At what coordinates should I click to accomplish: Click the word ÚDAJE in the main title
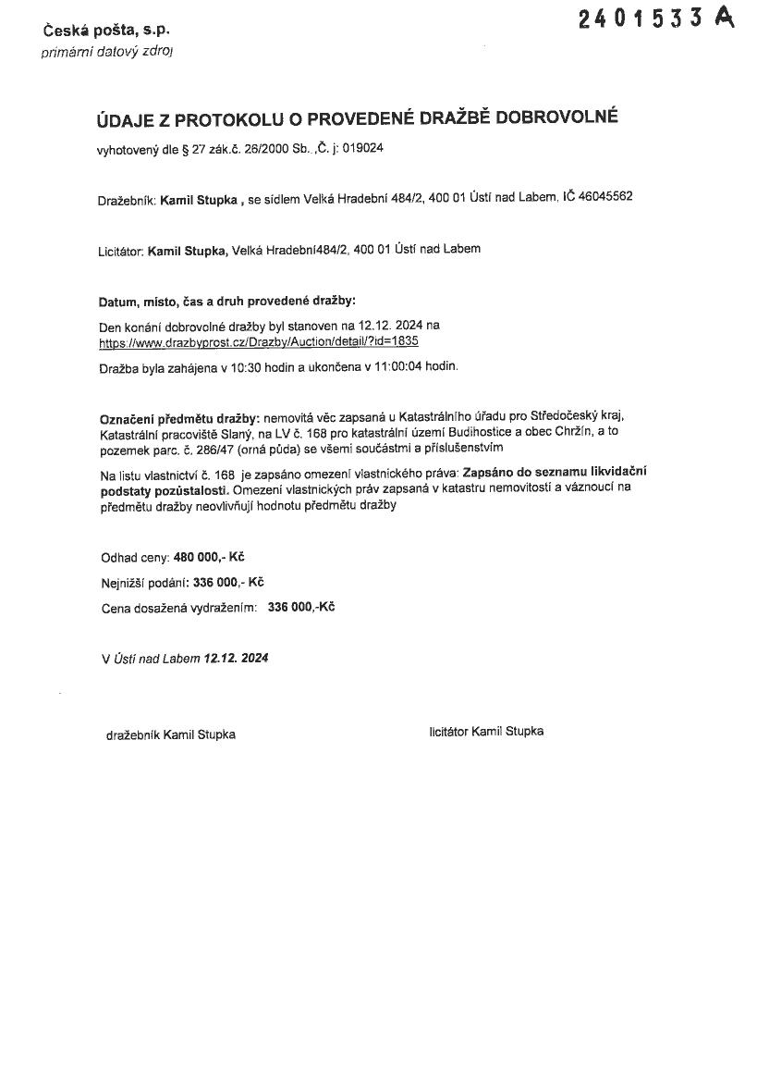[127, 119]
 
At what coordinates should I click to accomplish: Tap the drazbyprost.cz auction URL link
[259, 340]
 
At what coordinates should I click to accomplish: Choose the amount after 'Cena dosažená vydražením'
[300, 608]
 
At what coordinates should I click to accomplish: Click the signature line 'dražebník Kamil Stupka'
[171, 734]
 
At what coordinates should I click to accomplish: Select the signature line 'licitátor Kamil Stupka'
[486, 731]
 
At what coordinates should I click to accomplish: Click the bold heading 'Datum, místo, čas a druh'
[226, 302]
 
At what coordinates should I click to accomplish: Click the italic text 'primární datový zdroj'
[106, 52]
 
